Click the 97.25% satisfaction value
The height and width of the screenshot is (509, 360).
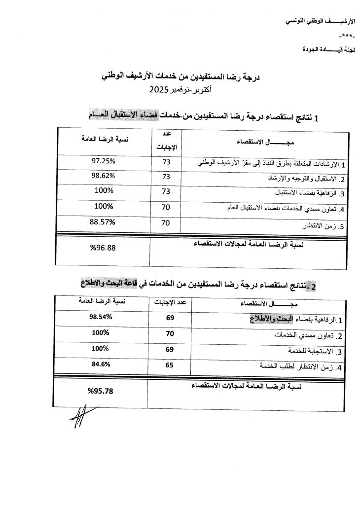click(x=104, y=161)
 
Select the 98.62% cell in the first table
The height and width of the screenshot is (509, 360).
click(x=104, y=176)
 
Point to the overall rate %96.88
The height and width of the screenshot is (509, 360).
click(x=103, y=248)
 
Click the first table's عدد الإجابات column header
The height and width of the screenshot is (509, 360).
click(x=166, y=140)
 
